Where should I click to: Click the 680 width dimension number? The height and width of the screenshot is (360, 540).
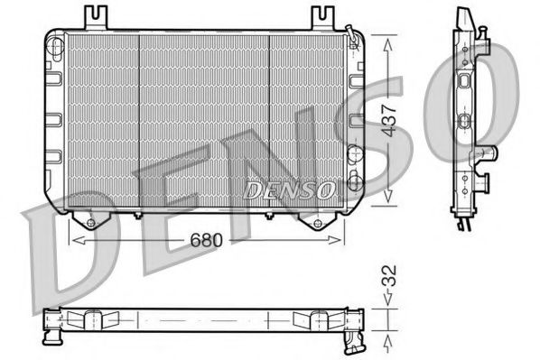208,242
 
